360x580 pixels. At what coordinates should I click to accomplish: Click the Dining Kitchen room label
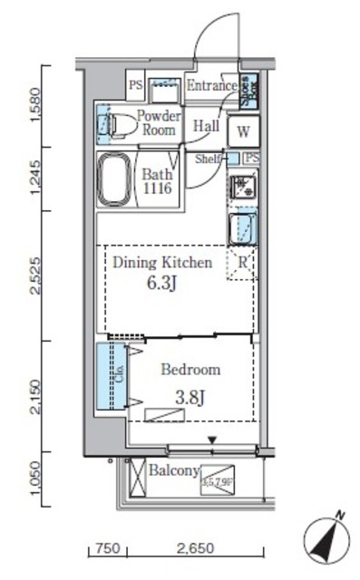162,263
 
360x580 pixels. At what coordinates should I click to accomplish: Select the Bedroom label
190,370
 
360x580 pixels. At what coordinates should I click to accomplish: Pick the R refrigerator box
242,264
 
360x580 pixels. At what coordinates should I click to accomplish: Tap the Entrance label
211,86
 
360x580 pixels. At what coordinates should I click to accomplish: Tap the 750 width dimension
108,548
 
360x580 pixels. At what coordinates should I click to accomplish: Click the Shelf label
209,159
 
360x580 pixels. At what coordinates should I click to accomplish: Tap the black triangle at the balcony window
212,440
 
